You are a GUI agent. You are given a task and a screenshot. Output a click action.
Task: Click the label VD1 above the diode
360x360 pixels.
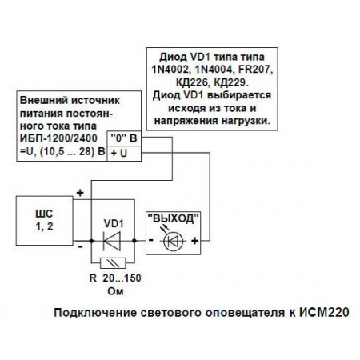(x=114, y=221)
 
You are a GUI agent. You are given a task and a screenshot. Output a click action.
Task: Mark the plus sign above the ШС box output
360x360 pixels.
(x=81, y=194)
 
